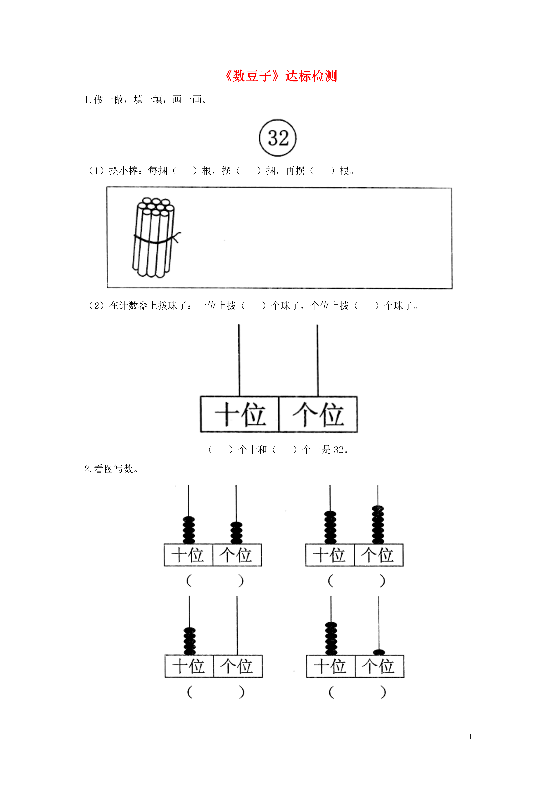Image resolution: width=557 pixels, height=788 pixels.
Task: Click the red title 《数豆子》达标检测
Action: tap(281, 76)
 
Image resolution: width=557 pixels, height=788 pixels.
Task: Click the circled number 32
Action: tap(278, 138)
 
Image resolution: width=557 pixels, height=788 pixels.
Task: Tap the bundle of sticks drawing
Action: tap(156, 238)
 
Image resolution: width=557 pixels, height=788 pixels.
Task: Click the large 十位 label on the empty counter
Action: tap(240, 414)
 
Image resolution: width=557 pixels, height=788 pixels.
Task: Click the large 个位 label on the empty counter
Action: tap(318, 414)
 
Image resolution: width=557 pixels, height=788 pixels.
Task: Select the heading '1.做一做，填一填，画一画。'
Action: tap(146, 100)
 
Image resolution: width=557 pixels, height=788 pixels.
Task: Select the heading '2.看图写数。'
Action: tap(111, 469)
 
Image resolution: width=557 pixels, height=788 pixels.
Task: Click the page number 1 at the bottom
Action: tap(471, 737)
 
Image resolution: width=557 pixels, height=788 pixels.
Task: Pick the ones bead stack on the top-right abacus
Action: tap(378, 525)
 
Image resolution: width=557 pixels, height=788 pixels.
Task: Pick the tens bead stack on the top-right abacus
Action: tap(330, 528)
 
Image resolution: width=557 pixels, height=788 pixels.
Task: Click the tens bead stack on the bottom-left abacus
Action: tap(190, 641)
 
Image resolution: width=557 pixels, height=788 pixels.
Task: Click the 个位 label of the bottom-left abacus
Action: tap(237, 666)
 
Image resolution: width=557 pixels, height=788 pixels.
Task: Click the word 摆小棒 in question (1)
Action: tap(124, 171)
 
